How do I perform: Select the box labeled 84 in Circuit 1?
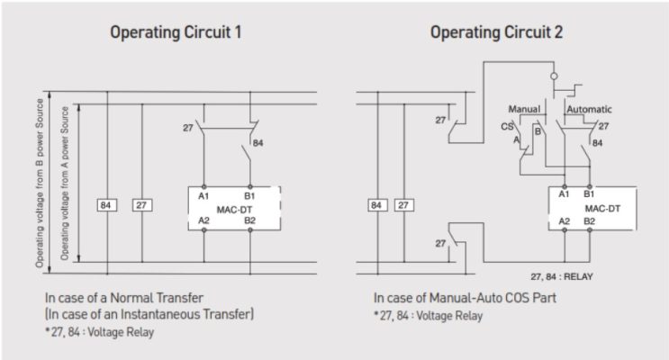click(x=107, y=205)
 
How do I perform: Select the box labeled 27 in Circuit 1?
click(x=142, y=205)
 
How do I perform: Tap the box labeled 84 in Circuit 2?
click(x=375, y=205)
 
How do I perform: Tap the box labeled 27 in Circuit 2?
click(x=405, y=205)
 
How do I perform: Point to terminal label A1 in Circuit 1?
click(x=204, y=194)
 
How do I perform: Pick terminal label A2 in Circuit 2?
click(x=565, y=220)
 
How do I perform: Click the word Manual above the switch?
click(x=524, y=109)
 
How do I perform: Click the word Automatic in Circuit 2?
click(x=590, y=109)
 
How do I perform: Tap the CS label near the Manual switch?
click(x=507, y=127)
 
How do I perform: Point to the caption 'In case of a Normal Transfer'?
click(x=122, y=297)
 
